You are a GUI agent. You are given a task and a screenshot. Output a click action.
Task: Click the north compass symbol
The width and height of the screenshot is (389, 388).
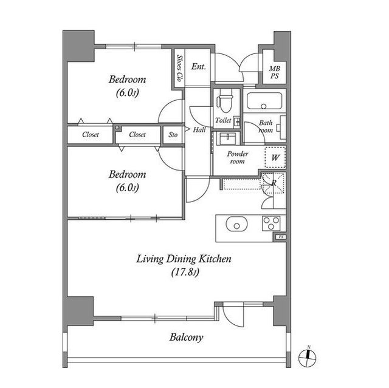(x=307, y=357)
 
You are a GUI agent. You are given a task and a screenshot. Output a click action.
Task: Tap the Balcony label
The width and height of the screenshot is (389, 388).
(x=187, y=338)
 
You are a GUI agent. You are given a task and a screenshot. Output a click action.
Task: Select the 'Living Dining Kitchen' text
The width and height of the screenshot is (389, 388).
(x=184, y=259)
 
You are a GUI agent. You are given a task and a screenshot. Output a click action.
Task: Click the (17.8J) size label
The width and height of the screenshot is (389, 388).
(x=185, y=272)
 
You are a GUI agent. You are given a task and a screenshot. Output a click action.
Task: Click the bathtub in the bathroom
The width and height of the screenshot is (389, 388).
(x=264, y=101)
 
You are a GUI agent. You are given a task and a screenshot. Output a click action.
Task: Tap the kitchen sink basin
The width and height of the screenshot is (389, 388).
(x=236, y=225)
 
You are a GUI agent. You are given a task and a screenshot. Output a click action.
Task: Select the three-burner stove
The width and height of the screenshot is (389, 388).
(x=271, y=223)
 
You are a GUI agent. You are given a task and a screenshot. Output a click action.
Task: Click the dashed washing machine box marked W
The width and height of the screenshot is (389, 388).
(x=275, y=158)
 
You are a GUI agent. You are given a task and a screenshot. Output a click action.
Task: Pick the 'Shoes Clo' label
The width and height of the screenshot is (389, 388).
(x=179, y=68)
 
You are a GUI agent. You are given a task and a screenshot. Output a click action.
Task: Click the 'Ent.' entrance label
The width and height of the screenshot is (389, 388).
(x=199, y=66)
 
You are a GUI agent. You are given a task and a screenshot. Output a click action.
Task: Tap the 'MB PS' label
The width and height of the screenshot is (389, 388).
(x=274, y=72)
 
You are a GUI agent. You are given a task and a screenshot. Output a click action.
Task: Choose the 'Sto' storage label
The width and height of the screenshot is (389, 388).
(x=173, y=135)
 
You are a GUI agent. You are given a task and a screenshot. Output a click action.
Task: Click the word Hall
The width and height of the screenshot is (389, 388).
(x=199, y=130)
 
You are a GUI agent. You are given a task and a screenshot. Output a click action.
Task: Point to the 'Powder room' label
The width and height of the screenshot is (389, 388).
(x=238, y=158)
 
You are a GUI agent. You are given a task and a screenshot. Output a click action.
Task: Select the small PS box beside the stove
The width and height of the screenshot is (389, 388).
(x=281, y=237)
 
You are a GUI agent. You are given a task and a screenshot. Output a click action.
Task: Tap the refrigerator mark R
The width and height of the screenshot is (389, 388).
(x=274, y=183)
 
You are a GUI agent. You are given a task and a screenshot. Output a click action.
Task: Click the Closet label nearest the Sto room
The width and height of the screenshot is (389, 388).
(x=137, y=135)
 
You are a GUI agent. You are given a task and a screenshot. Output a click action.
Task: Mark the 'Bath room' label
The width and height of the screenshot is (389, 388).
(x=266, y=126)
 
